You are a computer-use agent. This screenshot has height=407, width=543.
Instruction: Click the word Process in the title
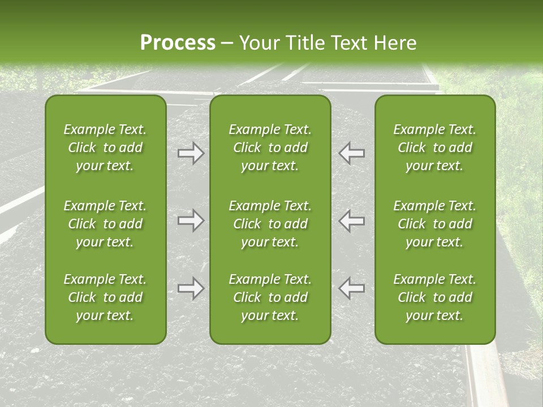pos(177,43)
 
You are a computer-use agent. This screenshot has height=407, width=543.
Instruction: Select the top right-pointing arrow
pos(191,154)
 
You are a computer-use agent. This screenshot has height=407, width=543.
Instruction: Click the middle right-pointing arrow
pos(191,220)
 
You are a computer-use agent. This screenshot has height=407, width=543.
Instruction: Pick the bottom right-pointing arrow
pos(191,288)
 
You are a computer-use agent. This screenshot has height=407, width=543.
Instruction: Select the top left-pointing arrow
pos(351,154)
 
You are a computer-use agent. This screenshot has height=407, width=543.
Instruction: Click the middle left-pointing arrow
pos(351,220)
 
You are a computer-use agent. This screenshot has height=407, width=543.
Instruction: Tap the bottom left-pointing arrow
pos(351,288)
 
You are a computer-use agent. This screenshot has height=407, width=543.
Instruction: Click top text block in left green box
pos(105,148)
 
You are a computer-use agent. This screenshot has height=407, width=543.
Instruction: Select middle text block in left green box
pos(105,224)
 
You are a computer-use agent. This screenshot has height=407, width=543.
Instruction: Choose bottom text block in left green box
pos(105,297)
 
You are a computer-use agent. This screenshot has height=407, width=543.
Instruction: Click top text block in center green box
pos(270,148)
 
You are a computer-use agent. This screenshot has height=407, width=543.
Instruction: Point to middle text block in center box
pos(270,224)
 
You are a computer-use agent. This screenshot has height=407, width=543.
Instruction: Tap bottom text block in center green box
pos(270,297)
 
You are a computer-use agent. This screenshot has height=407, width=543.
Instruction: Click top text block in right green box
pos(435,148)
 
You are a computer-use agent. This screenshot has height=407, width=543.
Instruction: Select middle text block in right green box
pos(435,224)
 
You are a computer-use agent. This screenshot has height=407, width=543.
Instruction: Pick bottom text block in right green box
pos(435,297)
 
